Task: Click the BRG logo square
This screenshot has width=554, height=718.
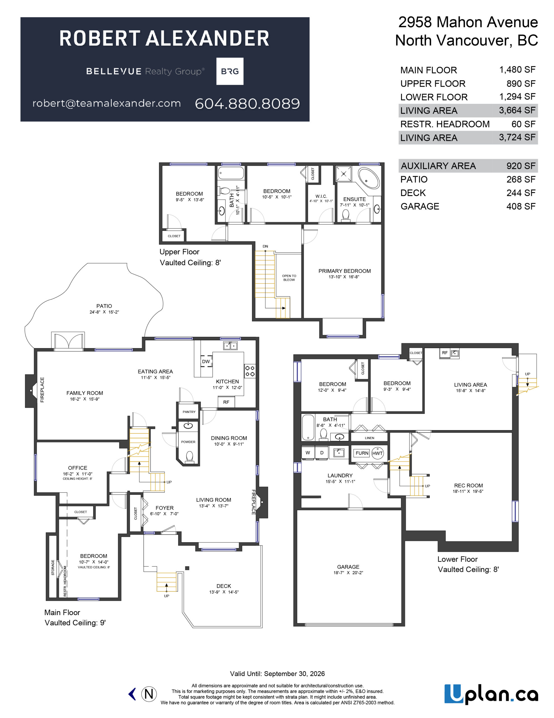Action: pyautogui.click(x=230, y=71)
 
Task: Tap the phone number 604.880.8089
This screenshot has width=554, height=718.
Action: pyautogui.click(x=247, y=103)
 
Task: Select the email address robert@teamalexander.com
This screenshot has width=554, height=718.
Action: pyautogui.click(x=107, y=103)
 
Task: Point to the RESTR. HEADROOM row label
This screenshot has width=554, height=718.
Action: pyautogui.click(x=445, y=124)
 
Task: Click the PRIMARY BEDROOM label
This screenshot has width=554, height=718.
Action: pyautogui.click(x=344, y=271)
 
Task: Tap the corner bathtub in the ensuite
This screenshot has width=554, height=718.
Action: pyautogui.click(x=369, y=178)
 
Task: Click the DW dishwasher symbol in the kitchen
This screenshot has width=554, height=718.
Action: pyautogui.click(x=206, y=361)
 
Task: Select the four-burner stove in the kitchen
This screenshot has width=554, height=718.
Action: pyautogui.click(x=250, y=371)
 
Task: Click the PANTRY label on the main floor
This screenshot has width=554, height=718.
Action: pyautogui.click(x=189, y=412)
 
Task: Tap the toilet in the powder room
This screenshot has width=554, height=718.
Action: pyautogui.click(x=190, y=457)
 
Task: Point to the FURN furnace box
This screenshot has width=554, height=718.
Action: pyautogui.click(x=362, y=453)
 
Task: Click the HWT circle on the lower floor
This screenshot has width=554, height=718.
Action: pyautogui.click(x=378, y=453)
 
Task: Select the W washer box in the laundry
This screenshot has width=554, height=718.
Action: pyautogui.click(x=308, y=453)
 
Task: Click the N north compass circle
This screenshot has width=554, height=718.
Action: pyautogui.click(x=149, y=694)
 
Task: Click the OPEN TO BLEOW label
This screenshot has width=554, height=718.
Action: pyautogui.click(x=289, y=278)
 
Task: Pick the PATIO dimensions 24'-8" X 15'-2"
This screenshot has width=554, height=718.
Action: pyautogui.click(x=104, y=312)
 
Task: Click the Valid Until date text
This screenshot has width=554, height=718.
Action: pyautogui.click(x=277, y=674)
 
